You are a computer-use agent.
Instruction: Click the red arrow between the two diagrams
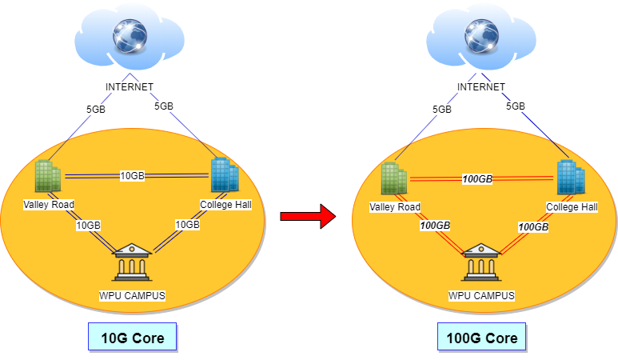pyautogui.click(x=308, y=216)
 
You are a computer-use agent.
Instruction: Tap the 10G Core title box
pyautogui.click(x=133, y=337)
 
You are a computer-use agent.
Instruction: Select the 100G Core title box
pyautogui.click(x=481, y=337)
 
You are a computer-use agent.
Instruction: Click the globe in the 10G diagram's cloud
pyautogui.click(x=130, y=36)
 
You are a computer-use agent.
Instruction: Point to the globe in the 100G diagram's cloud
pyautogui.click(x=481, y=36)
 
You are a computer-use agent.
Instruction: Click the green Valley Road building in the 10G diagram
pyautogui.click(x=48, y=176)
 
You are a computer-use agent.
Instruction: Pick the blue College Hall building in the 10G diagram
pyautogui.click(x=225, y=174)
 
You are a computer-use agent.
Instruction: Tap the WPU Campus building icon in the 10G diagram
pyautogui.click(x=132, y=262)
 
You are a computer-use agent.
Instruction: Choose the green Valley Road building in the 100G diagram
pyautogui.click(x=393, y=178)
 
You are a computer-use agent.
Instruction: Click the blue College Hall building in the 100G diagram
pyautogui.click(x=571, y=177)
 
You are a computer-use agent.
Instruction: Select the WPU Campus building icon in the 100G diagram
pyautogui.click(x=481, y=262)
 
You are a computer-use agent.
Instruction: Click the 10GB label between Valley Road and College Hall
pyautogui.click(x=132, y=175)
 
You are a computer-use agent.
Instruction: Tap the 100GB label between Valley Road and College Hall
pyautogui.click(x=477, y=179)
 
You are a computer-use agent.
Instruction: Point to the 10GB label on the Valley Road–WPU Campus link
pyautogui.click(x=88, y=225)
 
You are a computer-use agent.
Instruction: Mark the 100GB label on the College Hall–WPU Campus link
pyautogui.click(x=533, y=226)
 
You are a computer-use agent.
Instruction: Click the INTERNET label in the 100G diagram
pyautogui.click(x=481, y=86)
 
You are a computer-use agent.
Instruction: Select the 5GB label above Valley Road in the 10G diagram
pyautogui.click(x=96, y=110)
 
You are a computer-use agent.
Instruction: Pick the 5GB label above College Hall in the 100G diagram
pyautogui.click(x=516, y=106)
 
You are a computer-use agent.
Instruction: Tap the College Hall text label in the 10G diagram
pyautogui.click(x=225, y=205)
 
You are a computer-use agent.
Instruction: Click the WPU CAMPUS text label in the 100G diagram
pyautogui.click(x=481, y=296)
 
